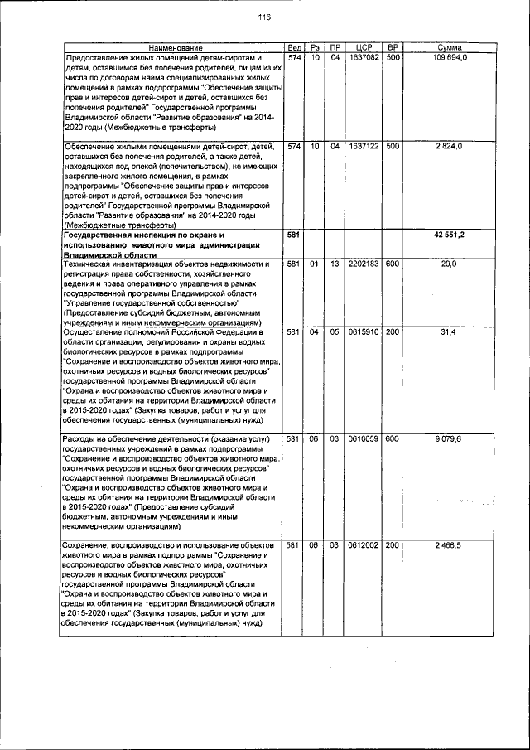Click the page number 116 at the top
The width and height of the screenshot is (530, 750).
264,17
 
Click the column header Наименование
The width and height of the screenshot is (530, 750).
171,49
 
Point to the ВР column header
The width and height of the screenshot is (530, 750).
393,49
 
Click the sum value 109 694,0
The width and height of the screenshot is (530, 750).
449,58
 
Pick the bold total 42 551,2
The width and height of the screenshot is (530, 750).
449,235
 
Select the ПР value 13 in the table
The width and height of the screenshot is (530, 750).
335,264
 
